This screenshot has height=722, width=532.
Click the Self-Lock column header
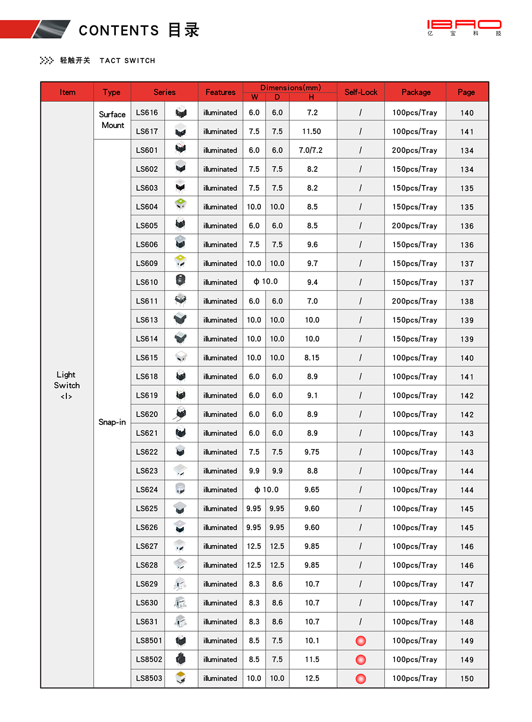coord(361,92)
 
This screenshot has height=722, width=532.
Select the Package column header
coord(416,92)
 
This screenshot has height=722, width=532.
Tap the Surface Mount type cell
coord(112,120)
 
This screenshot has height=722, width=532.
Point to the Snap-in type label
coord(112,422)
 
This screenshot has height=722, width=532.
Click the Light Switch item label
coord(66,385)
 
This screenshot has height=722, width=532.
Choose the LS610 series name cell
coord(147,282)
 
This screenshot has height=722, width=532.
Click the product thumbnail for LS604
coord(181,206)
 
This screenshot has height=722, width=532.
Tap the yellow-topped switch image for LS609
coord(181,262)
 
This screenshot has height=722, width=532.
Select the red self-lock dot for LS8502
coord(361,660)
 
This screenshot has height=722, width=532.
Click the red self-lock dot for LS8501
coord(361,641)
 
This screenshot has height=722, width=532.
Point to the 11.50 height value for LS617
coord(312,131)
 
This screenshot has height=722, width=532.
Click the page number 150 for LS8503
coord(467,679)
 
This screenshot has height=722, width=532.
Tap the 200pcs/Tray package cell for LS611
coord(414,301)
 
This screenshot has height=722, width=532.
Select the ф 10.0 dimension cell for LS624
coord(266,489)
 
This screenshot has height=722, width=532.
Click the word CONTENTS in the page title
coord(119,31)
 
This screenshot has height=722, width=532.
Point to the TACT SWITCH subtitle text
coord(127,61)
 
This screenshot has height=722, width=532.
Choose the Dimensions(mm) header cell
coord(290,88)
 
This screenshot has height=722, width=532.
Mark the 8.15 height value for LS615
coord(312,358)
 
